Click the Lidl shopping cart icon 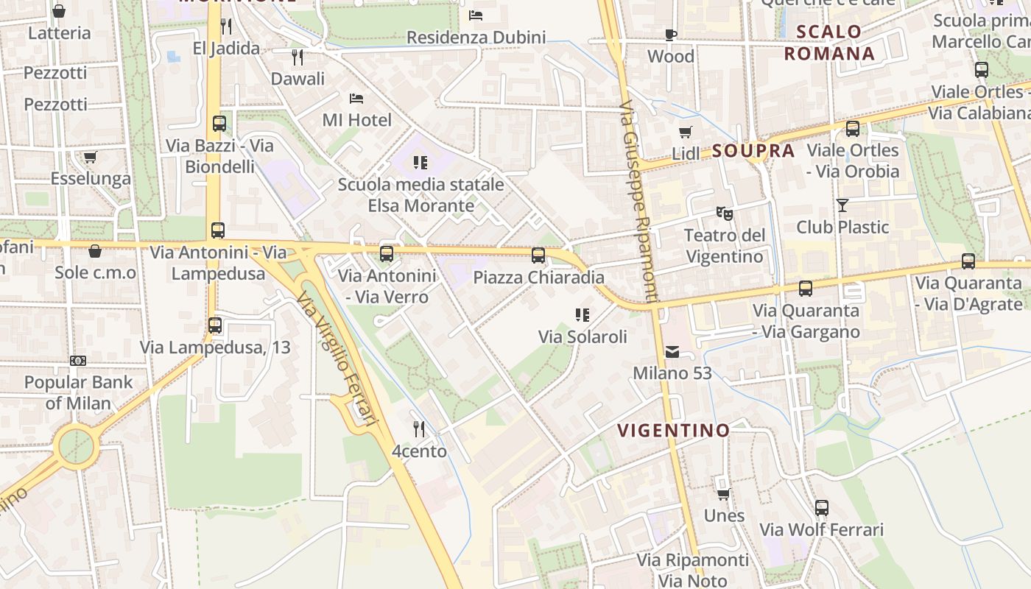(685, 133)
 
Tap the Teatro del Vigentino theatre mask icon (725, 214)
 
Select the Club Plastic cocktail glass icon (842, 205)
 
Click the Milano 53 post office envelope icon (672, 352)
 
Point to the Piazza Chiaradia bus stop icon (538, 255)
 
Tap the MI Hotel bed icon (356, 98)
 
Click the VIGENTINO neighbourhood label (673, 430)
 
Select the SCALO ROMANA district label (829, 42)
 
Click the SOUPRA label (753, 151)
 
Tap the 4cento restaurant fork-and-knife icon (418, 428)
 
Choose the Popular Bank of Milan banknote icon (78, 360)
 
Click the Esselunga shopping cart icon (90, 157)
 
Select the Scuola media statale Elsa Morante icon (421, 162)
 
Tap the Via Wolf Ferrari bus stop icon (821, 507)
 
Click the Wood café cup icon (670, 35)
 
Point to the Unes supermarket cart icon (723, 494)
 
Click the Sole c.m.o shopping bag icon (95, 251)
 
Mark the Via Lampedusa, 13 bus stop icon (215, 325)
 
